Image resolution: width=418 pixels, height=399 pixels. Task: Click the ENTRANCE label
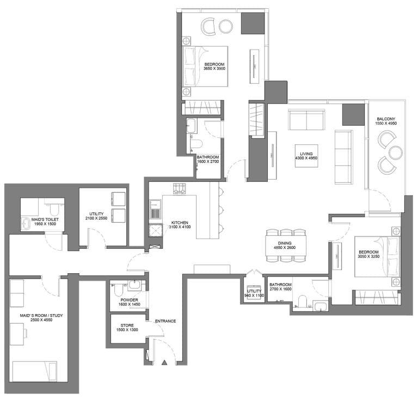[165, 321]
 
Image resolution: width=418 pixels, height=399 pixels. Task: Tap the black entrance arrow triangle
[164, 363]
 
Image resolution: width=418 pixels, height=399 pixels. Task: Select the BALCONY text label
[386, 119]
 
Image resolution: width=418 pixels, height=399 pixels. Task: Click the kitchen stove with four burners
[180, 189]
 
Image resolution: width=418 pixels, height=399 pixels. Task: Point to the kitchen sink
[156, 209]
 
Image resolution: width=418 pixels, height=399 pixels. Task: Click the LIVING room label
[306, 154]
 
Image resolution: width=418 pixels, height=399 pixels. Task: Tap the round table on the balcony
[395, 153]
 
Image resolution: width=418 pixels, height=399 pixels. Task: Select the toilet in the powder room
[118, 290]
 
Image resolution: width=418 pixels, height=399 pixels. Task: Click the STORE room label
[127, 326]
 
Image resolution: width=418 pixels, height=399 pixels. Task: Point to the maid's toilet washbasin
[26, 223]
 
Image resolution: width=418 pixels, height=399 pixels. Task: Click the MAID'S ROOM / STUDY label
[41, 316]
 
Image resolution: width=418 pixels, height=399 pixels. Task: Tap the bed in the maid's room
[35, 372]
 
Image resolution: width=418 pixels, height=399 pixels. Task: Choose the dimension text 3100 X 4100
[180, 227]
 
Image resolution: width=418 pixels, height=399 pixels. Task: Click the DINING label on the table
[285, 243]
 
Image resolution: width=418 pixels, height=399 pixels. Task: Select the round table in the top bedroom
[226, 26]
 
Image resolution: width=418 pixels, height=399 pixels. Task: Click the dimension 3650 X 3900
[214, 69]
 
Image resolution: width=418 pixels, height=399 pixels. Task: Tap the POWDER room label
[129, 300]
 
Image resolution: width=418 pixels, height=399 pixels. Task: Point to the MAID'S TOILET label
[45, 219]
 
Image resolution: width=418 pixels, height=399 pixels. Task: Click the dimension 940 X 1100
[254, 296]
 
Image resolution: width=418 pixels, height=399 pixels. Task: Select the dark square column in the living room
[353, 115]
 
